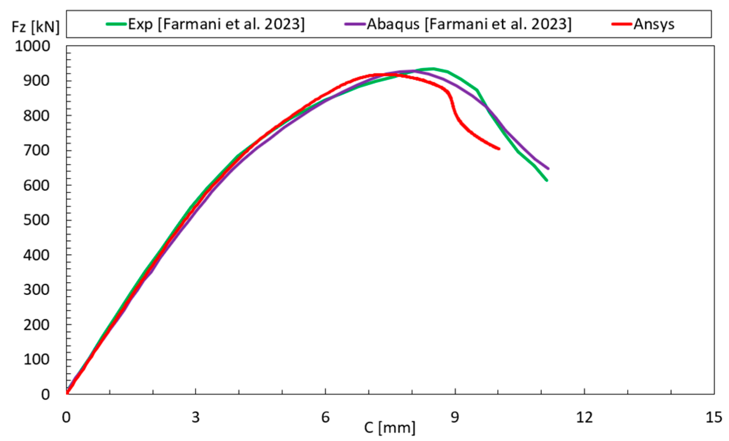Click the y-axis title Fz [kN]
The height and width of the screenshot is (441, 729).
coord(35,27)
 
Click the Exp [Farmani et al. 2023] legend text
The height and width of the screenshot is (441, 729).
coord(216,24)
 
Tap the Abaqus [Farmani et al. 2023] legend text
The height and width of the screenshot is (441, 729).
coord(469,24)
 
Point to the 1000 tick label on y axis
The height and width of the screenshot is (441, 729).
coord(32,46)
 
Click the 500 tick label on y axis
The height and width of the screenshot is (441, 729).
coord(36,220)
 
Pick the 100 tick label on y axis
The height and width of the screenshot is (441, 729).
coord(36,359)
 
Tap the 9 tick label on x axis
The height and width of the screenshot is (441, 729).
coord(455,417)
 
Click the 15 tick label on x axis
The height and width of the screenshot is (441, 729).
coord(713,417)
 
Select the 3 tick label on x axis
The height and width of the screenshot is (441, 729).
coord(196,417)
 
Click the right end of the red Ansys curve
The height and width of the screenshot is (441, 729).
coord(499,149)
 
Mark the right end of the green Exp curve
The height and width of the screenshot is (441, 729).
coord(547,180)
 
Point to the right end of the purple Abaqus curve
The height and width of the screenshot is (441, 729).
coord(548,169)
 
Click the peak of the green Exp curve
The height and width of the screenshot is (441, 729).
coord(433,69)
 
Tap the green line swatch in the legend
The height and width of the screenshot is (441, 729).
coord(116,24)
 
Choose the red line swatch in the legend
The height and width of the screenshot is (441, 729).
coord(622,24)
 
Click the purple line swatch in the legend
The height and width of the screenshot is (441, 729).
coord(355,24)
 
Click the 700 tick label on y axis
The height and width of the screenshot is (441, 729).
coord(36,151)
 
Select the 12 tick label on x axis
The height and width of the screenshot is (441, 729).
coord(584,417)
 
